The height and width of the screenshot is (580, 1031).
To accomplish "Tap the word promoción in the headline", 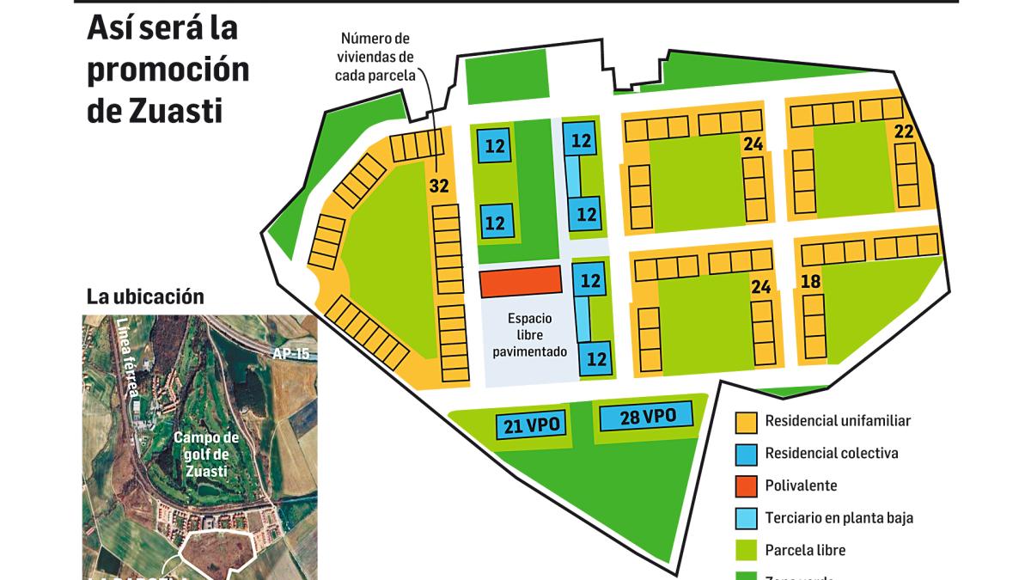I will click(168, 70).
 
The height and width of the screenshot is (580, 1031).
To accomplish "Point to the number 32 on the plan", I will click(439, 186).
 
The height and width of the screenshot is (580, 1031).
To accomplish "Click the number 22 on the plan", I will click(903, 131).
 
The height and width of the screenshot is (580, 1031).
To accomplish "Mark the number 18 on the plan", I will click(810, 282).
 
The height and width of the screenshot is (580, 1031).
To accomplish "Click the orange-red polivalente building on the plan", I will click(520, 281).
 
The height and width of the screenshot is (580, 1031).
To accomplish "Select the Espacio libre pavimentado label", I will click(530, 334).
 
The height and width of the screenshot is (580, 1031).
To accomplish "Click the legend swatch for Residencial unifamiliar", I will click(746, 421).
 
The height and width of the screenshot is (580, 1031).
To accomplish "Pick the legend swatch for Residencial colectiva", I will click(746, 453).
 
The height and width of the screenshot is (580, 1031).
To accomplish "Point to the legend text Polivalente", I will click(801, 485).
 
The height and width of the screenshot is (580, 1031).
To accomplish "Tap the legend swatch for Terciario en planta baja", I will click(746, 518).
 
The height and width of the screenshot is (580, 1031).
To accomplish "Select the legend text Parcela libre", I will click(805, 550).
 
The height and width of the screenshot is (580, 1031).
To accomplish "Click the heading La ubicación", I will click(145, 296).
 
